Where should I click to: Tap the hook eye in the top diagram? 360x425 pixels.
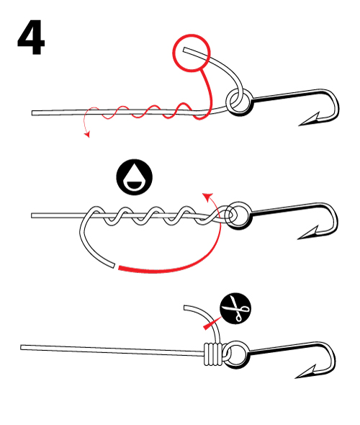point(238,102)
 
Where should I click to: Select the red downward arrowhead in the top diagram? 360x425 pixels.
point(87,134)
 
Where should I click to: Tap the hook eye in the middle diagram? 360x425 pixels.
point(238,215)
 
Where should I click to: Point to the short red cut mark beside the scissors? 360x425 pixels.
point(210,326)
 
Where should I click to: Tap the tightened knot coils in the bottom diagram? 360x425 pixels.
point(211,352)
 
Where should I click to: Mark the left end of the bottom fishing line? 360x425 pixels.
point(23,348)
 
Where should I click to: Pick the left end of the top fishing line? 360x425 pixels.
point(34,112)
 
